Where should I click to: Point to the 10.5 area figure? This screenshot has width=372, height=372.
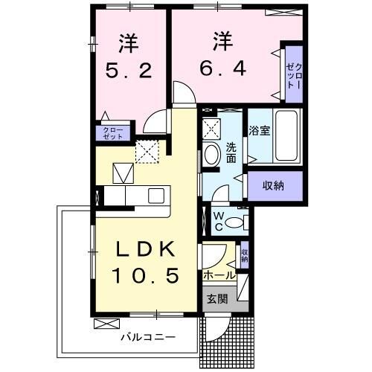146,276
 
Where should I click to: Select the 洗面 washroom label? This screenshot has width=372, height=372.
231,153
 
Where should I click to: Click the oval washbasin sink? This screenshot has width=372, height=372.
211,155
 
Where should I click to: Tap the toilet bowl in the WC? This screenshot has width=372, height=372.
236,222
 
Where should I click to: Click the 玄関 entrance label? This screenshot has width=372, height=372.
217,300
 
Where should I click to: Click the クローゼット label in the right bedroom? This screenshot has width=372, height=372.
291,74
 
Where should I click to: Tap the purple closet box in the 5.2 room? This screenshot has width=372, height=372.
114,133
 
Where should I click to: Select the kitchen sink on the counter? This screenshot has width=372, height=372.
156,195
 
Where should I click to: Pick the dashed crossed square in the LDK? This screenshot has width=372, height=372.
147,151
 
